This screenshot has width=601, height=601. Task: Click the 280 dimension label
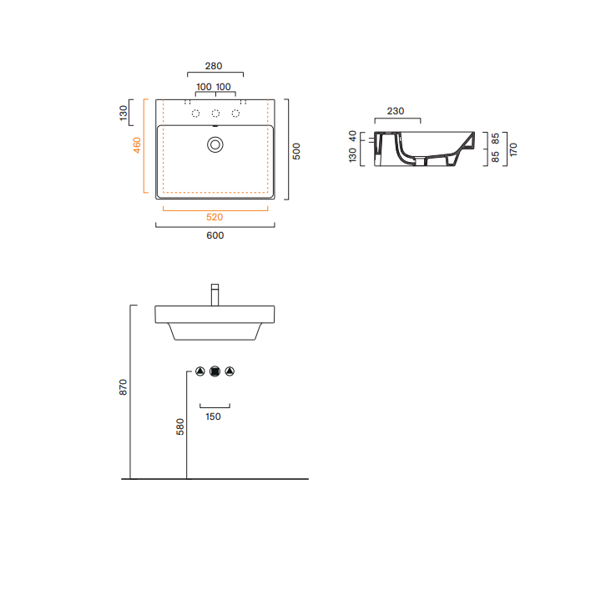[x=214, y=66]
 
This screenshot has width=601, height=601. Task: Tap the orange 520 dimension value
[x=215, y=217]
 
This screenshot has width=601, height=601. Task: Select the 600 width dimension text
[x=215, y=235]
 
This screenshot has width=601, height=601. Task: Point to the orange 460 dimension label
[x=137, y=145]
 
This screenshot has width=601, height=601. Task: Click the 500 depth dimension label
[x=296, y=151]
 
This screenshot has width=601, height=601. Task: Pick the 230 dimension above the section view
[x=396, y=111]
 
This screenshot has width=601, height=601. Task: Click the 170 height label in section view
[x=513, y=149]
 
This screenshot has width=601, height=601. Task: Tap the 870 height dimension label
[x=123, y=387]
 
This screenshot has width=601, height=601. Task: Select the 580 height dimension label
[x=180, y=427]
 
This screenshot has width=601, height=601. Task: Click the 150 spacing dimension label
[x=213, y=417]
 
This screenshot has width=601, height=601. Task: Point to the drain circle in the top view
[x=215, y=145]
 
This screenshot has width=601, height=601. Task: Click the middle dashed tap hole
[x=216, y=113]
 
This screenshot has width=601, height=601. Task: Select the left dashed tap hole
[x=195, y=113]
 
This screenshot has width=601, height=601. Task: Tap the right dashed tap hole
[x=235, y=113]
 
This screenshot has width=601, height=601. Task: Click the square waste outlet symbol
[x=215, y=371]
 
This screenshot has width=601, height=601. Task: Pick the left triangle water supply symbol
[x=200, y=371]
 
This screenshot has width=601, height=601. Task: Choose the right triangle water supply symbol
[x=230, y=371]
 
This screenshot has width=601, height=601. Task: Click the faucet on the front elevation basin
[x=215, y=295]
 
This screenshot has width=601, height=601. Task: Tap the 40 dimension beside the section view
[x=352, y=136]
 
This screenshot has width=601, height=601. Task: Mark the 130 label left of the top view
[x=123, y=113]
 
